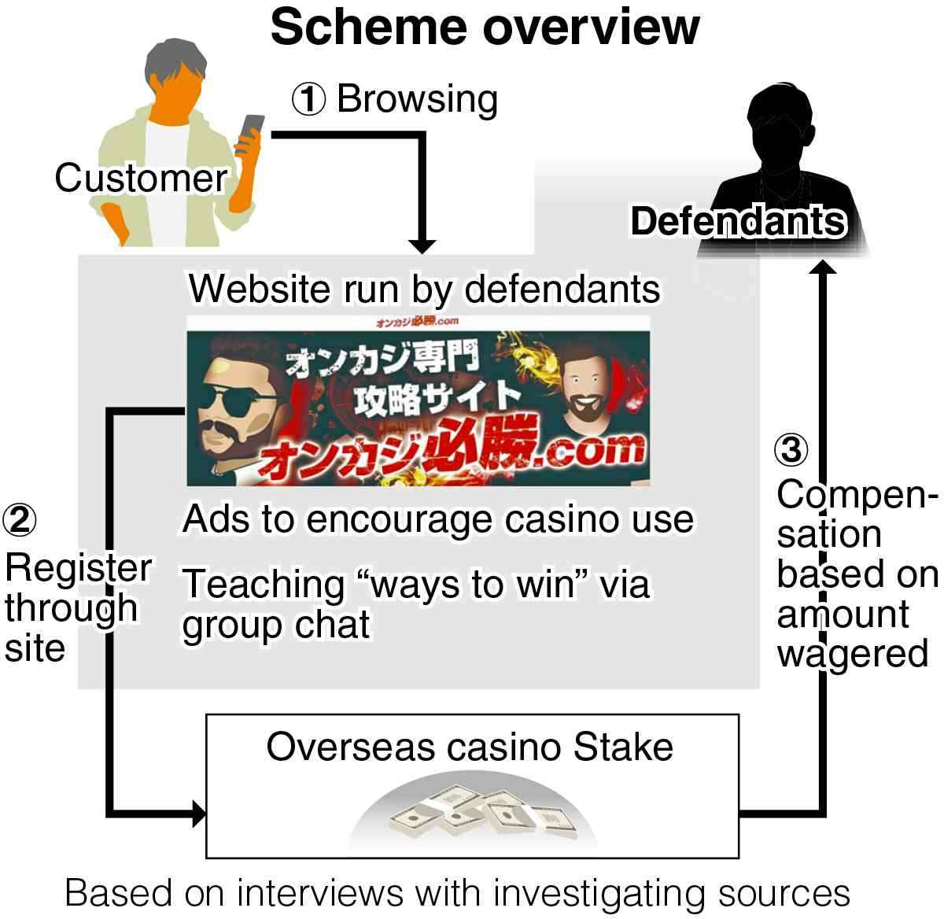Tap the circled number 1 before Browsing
point(309,100)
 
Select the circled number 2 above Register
point(20,519)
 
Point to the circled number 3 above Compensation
point(792,450)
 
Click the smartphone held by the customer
point(252,131)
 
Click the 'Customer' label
point(141,179)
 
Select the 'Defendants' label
point(738,221)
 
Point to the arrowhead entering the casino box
point(198,811)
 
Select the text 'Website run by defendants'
point(424,289)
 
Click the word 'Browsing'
point(417,100)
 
